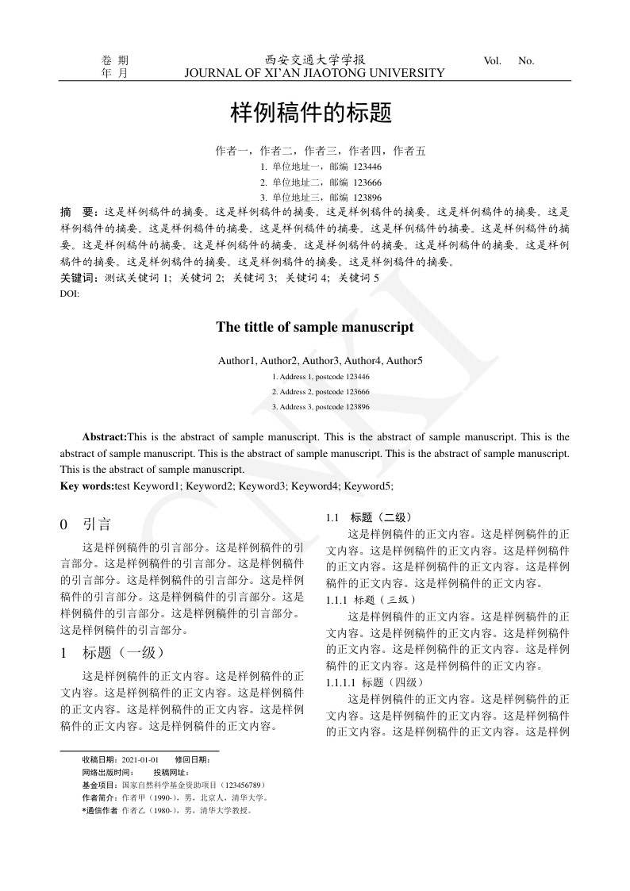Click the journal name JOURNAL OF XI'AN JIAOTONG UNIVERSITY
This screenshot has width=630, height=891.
314,73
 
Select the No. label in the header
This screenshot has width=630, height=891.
526,60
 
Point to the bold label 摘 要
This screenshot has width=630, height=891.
79,213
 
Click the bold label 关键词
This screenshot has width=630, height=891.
79,278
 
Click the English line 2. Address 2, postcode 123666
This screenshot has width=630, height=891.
321,392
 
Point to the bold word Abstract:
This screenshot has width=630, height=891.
105,437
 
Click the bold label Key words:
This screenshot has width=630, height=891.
86,486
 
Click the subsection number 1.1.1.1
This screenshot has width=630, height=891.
342,682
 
